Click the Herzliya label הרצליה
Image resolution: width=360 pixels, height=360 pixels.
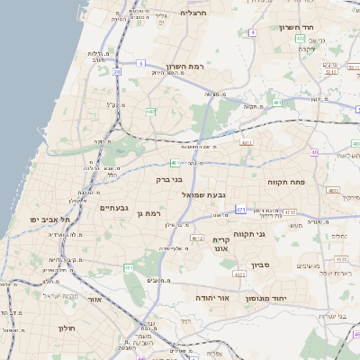[193, 13]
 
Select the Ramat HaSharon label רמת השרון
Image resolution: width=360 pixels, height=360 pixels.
[187, 67]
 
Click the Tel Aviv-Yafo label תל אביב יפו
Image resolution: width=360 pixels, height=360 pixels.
[49, 220]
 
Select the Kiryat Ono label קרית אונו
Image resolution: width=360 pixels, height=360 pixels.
[221, 245]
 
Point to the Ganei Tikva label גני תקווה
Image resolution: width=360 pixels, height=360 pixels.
[248, 234]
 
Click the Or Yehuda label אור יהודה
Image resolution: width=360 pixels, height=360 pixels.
[212, 297]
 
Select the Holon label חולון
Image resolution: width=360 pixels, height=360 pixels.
[67, 329]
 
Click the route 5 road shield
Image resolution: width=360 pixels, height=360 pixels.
[141, 63]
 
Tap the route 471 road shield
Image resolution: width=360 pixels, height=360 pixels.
[240, 209]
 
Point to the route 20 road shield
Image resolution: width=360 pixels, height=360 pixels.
[116, 71]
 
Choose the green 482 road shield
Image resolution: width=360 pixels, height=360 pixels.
[150, 112]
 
